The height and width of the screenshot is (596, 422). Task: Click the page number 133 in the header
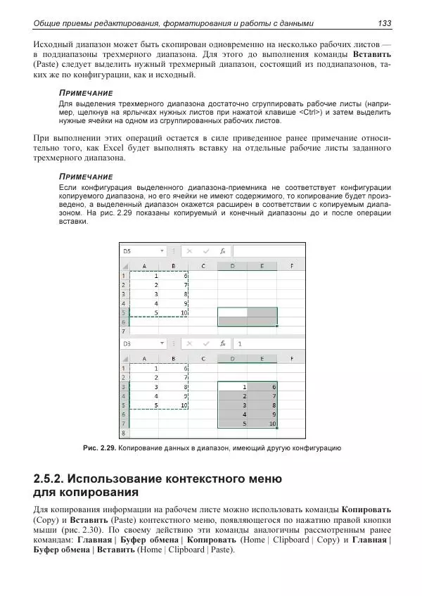[384, 24]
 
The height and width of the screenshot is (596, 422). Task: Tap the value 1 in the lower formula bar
[240, 344]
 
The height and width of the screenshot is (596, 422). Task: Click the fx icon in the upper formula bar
[222, 251]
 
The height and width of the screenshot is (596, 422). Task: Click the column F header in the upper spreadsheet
[291, 266]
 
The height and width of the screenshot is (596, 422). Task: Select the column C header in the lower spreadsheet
[203, 359]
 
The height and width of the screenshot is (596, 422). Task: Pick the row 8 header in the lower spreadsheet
[124, 434]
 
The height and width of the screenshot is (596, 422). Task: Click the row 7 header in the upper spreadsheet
[124, 330]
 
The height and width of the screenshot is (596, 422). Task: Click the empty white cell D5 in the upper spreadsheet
[233, 312]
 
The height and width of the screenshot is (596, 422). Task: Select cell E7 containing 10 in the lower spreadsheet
[262, 424]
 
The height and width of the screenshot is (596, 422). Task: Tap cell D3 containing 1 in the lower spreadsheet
[233, 387]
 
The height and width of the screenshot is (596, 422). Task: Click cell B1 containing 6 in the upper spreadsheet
[174, 276]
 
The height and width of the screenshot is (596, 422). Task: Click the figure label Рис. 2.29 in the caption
[98, 448]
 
